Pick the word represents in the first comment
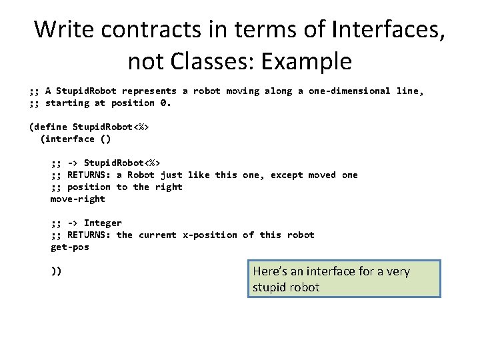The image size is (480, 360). pos(149,91)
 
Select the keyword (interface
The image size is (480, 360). pos(67,139)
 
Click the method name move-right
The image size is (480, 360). pos(78,199)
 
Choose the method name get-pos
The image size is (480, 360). pos(70,247)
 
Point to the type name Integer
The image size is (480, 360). pos(103,223)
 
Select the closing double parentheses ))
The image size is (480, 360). pos(57,271)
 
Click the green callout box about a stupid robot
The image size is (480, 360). pos(345,279)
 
